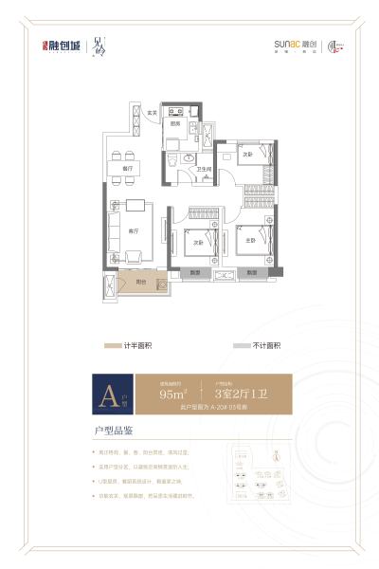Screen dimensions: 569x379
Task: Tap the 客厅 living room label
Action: coord(134,230)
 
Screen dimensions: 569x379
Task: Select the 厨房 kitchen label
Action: coord(175,123)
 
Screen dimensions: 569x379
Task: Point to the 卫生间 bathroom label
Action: coord(203,169)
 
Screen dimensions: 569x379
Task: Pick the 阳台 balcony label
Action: coord(140,282)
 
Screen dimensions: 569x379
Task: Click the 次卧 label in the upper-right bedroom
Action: coord(247,153)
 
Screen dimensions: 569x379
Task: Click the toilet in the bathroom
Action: coord(171,162)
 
